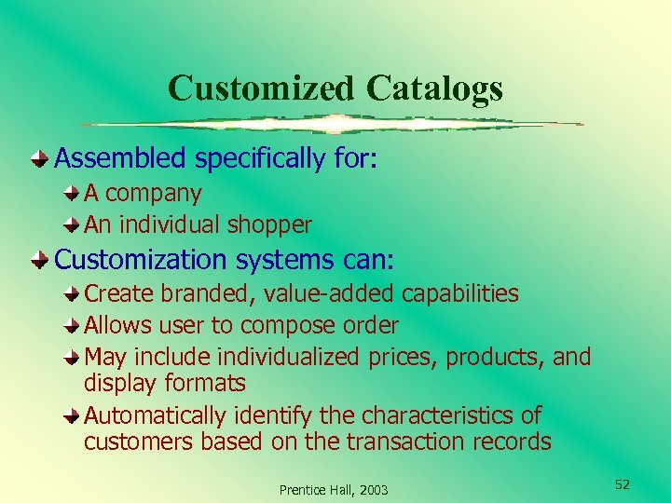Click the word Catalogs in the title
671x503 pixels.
(x=434, y=88)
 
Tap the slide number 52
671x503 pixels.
(x=622, y=484)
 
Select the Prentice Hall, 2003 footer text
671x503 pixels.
(x=334, y=490)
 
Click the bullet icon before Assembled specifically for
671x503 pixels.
(x=39, y=159)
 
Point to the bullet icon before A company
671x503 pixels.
(x=72, y=194)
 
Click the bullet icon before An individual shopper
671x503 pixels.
(x=72, y=224)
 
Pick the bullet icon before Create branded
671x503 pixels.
(x=72, y=294)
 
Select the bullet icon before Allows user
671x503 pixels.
(x=72, y=326)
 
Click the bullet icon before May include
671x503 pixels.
(x=72, y=358)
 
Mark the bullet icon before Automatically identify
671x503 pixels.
(x=72, y=415)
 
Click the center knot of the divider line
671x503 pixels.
(x=335, y=124)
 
